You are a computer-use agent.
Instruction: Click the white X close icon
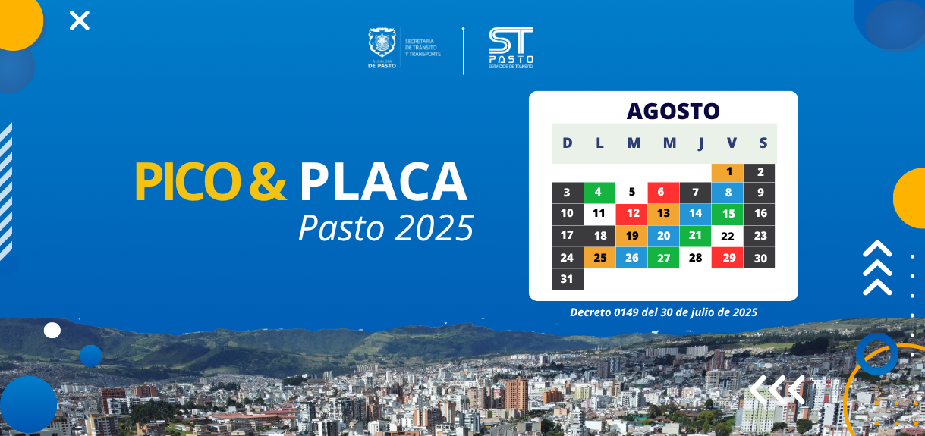[x=79, y=20]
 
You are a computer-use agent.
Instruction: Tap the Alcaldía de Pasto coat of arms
[x=382, y=42]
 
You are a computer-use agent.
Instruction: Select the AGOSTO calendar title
[x=673, y=111]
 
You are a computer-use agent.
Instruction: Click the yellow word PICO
[x=188, y=182]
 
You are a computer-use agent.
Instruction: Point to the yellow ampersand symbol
[x=268, y=181]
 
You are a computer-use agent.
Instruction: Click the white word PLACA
[x=383, y=181]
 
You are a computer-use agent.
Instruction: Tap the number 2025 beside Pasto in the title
[x=434, y=227]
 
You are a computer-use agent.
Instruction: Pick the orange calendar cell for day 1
[x=727, y=173]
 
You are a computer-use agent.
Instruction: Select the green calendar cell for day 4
[x=599, y=193]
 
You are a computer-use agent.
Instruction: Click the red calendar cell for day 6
[x=663, y=193]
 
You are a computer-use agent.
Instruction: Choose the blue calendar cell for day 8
[x=727, y=193]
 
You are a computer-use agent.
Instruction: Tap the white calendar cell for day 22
[x=727, y=236]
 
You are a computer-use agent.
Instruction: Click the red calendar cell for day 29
[x=727, y=258]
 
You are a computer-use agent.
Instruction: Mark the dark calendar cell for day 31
[x=568, y=279]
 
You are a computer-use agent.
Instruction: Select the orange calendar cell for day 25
[x=599, y=258]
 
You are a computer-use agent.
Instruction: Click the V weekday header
[x=732, y=143]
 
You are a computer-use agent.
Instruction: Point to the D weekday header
[x=568, y=143]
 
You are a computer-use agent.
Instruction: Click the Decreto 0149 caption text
[x=664, y=312]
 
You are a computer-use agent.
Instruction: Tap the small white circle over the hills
[x=52, y=331]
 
